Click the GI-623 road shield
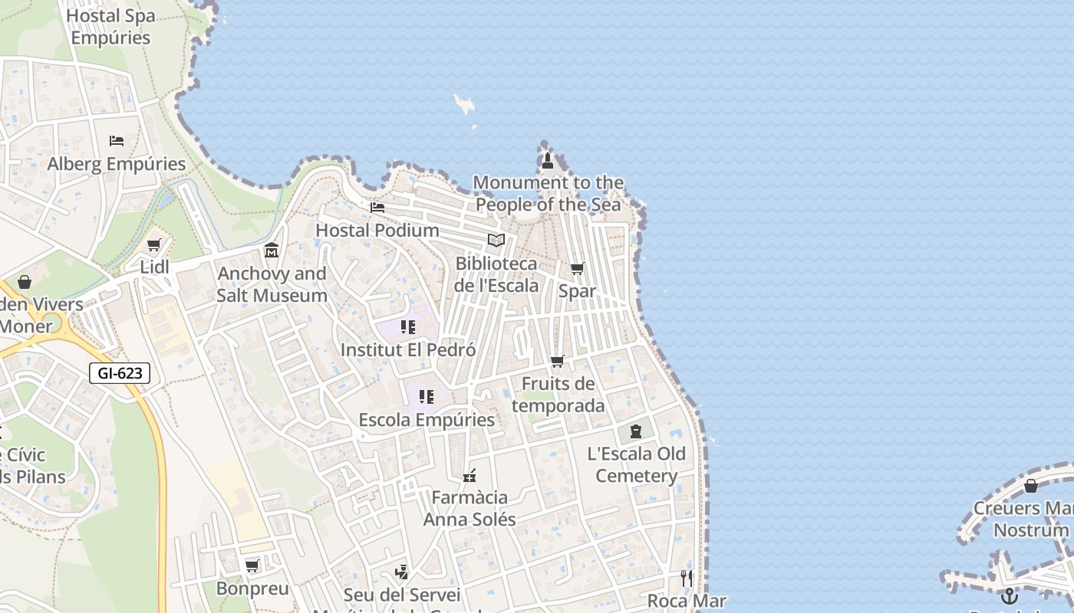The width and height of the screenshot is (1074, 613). coord(120,373)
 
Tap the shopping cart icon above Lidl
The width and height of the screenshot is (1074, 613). coord(153,245)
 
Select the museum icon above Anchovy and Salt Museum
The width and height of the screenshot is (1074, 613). coord(272,251)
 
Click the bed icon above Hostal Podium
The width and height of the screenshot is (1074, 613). coord(377,207)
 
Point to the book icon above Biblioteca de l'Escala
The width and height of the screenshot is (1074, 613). coord(496,241)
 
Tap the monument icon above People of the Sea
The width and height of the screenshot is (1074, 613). coord(547,160)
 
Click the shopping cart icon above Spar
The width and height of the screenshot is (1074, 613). coord(577,268)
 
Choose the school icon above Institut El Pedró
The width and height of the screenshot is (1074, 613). coord(407,327)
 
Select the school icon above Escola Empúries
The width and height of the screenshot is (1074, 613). coord(427,397)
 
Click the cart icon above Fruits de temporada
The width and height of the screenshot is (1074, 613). coord(558,361)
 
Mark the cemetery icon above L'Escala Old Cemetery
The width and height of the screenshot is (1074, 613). coord(636,431)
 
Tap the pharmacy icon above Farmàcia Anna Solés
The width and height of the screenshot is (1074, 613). coord(469,476)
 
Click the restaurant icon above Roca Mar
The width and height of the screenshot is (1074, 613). coord(687,578)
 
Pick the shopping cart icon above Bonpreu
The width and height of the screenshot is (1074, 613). coord(252,566)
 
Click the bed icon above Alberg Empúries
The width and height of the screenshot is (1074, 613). coord(117,141)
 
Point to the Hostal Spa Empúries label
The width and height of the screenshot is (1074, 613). coord(110,26)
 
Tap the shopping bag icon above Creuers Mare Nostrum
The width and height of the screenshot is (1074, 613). coord(1031,486)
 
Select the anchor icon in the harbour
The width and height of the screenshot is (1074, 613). coord(1010,595)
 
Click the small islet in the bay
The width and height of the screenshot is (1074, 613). coord(464,104)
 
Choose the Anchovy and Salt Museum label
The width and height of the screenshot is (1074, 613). coord(272,284)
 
